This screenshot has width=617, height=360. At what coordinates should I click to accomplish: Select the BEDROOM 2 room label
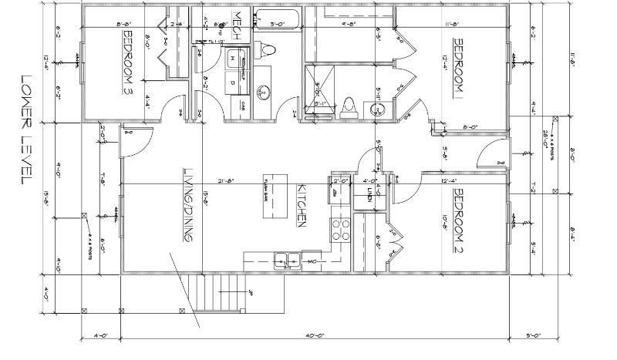[x=457, y=216]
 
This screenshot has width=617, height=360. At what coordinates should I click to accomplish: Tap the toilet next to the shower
[x=349, y=106]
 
